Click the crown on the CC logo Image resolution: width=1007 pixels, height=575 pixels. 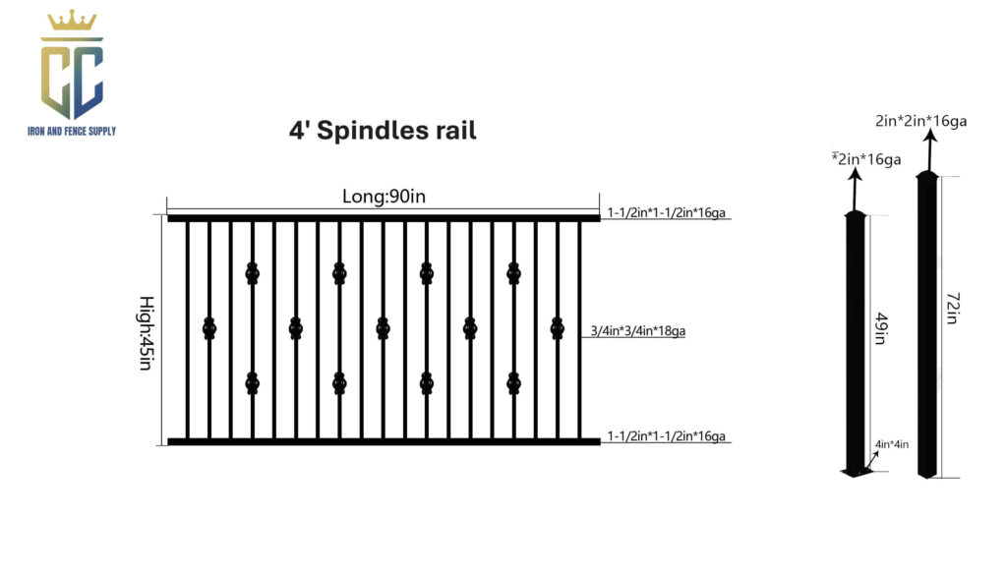[72, 21]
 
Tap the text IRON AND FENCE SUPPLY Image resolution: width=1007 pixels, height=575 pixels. [72, 131]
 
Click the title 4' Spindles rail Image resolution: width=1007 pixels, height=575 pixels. [383, 131]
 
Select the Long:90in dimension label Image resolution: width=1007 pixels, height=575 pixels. [384, 196]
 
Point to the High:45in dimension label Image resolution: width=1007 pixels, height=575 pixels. [148, 333]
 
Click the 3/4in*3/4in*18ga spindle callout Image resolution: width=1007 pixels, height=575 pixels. [637, 330]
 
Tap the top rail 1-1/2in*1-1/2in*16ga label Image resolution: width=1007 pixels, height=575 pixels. [666, 212]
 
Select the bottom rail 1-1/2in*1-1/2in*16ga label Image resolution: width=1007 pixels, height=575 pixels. [666, 435]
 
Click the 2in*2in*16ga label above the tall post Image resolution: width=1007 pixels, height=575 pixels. [920, 121]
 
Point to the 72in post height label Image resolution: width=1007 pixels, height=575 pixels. [953, 308]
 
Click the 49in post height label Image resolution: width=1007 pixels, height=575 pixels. [881, 328]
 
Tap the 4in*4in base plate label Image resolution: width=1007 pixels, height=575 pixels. [891, 444]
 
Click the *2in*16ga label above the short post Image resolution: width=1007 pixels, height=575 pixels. [866, 158]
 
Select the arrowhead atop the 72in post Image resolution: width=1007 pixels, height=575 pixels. [930, 136]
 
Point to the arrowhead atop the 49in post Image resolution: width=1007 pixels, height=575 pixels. [855, 175]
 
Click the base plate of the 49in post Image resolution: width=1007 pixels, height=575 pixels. [857, 473]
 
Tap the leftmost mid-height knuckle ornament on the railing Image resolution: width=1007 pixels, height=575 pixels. [209, 328]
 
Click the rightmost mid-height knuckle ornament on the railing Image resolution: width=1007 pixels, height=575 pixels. [558, 328]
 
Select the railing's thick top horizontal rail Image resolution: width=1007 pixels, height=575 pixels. [385, 219]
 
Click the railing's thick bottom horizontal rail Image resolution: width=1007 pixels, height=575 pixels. [385, 441]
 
